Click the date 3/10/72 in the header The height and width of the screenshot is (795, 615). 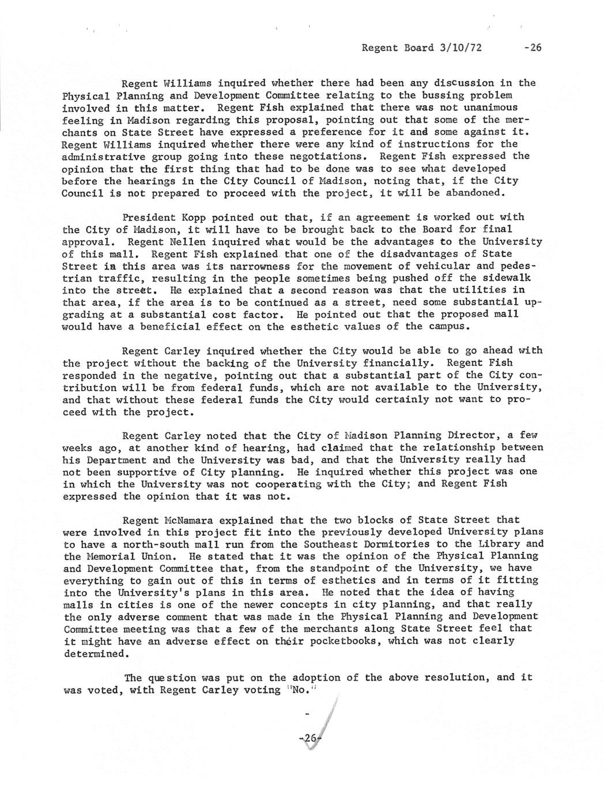(459, 48)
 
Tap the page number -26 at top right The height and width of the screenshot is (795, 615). (533, 48)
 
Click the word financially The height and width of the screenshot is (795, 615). (397, 363)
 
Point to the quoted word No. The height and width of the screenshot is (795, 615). (301, 690)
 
